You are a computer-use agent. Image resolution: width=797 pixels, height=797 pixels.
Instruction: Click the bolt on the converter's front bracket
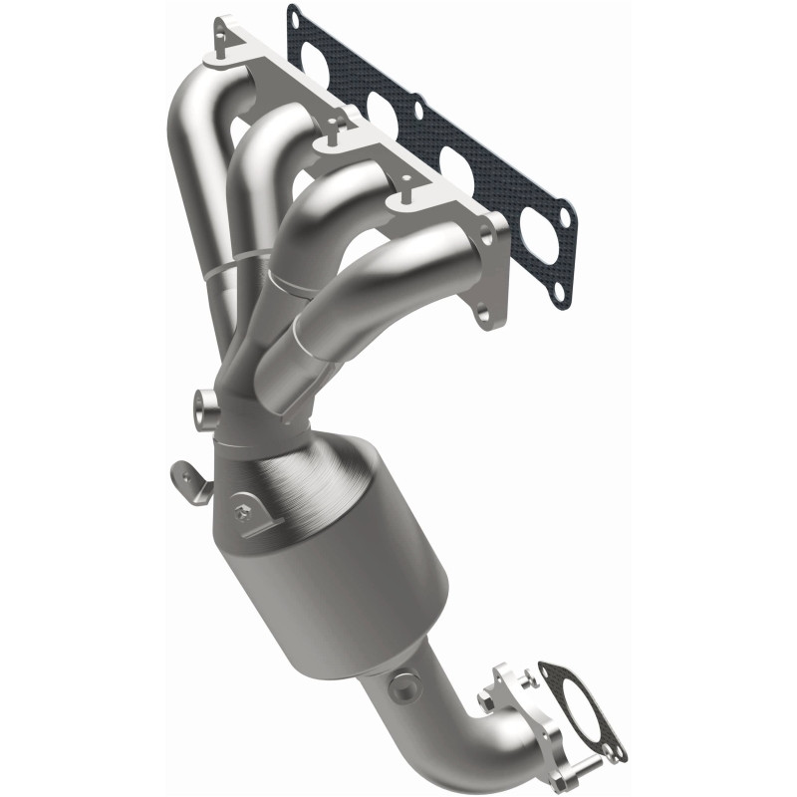tap(242, 513)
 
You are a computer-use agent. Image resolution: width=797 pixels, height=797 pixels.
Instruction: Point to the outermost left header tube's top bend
tap(194, 100)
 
